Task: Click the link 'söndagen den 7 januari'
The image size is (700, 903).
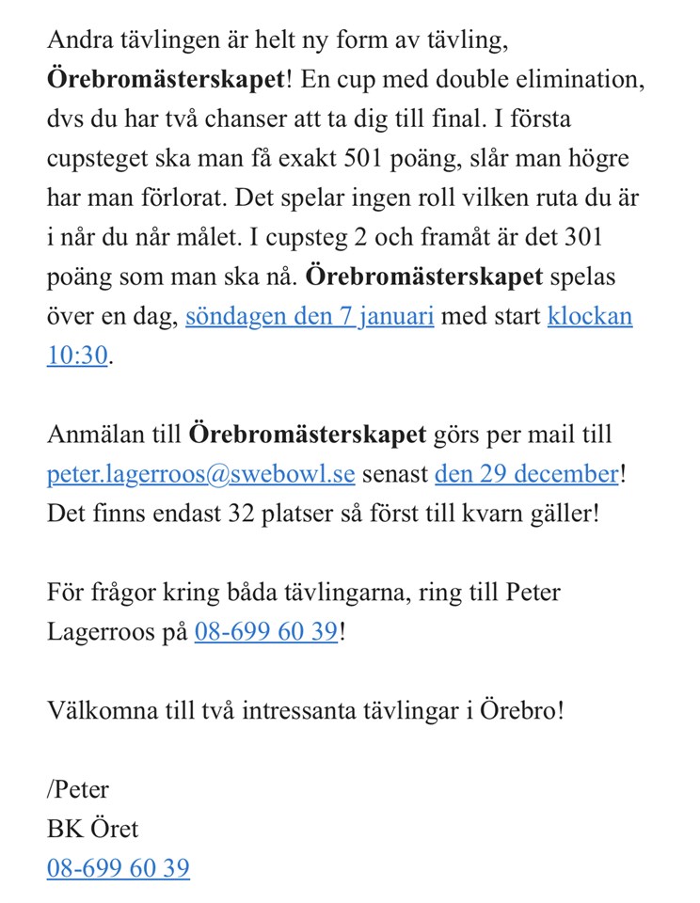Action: [310, 316]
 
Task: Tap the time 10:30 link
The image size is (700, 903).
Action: [78, 356]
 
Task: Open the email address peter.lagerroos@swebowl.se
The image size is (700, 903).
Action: [200, 474]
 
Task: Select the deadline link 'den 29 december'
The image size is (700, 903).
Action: [525, 474]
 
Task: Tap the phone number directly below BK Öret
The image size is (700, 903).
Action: [118, 867]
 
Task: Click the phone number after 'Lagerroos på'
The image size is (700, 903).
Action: [265, 631]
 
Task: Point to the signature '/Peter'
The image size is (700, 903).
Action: [77, 788]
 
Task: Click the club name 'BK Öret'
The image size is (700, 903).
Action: [92, 828]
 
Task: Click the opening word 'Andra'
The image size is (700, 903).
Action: [77, 41]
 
